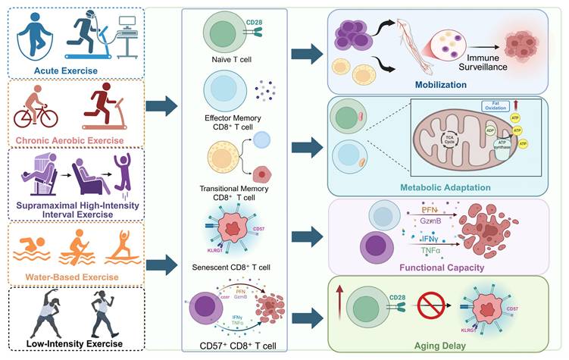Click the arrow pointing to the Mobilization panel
tap(308, 54)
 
